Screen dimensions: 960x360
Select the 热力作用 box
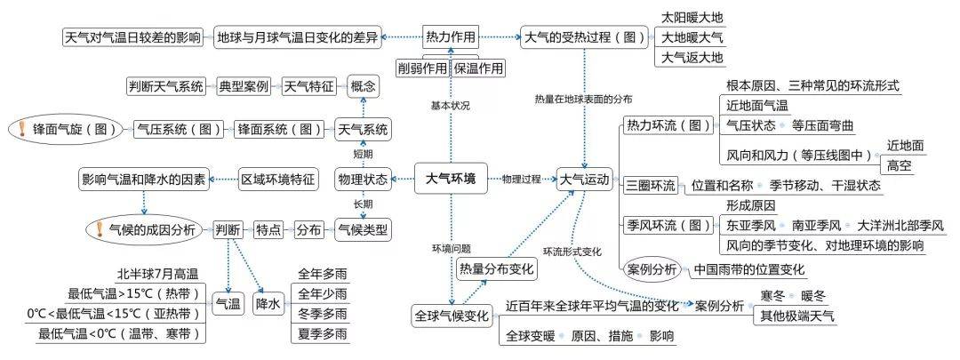coord(450,37)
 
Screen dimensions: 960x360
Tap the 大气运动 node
coord(584,180)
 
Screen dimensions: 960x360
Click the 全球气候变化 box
coord(452,316)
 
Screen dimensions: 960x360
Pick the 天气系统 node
coord(363,130)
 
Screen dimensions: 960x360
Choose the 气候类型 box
coord(363,230)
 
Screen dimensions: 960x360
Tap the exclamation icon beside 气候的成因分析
coord(99,229)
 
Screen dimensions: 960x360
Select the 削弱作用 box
coord(422,68)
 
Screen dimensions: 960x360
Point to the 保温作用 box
coord(477,68)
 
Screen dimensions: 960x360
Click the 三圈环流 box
coord(650,184)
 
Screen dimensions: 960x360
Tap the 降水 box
coord(268,303)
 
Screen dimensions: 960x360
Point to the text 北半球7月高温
coord(157,274)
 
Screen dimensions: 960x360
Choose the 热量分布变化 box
coord(497,268)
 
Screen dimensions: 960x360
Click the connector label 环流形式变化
coord(572,252)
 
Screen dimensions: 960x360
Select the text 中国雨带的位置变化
coord(748,268)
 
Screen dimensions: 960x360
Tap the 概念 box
coord(363,86)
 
